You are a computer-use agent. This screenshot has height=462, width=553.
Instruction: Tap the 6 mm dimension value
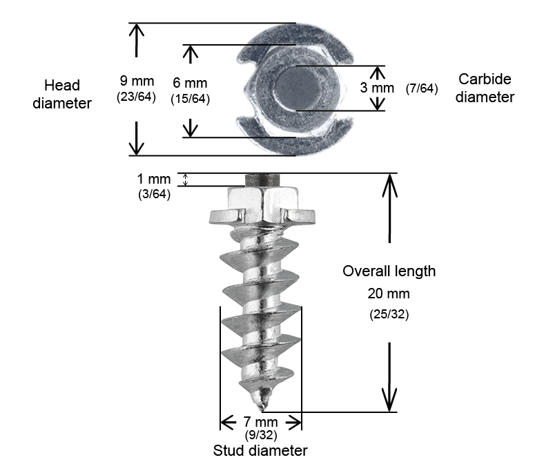(190, 82)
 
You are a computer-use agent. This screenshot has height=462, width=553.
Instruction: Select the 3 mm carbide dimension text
(378, 88)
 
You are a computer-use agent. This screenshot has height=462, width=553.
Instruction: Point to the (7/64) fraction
(423, 88)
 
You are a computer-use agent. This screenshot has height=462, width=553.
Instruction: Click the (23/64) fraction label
(136, 97)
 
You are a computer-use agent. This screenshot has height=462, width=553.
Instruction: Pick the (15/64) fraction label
(190, 99)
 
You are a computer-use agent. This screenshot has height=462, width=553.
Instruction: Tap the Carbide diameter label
(485, 88)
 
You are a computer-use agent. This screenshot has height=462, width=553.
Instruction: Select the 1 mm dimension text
(154, 180)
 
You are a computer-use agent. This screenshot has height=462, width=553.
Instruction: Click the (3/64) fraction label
(155, 194)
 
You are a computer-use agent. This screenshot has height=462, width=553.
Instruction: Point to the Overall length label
(389, 271)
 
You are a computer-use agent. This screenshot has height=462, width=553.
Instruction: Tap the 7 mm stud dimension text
(261, 422)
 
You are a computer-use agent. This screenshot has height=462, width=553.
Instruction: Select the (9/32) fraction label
(261, 436)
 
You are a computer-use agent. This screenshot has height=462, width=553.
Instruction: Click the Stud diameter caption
(260, 451)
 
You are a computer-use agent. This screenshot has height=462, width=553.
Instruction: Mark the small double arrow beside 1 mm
(184, 180)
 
